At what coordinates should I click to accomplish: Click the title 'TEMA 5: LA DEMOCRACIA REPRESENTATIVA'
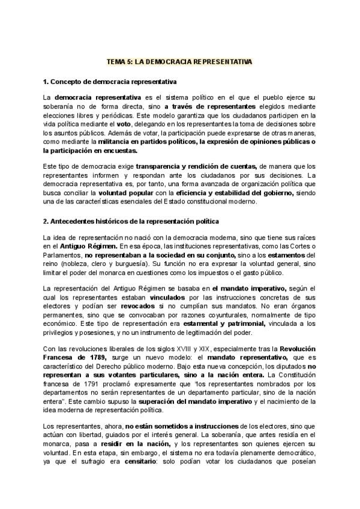click(179, 62)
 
